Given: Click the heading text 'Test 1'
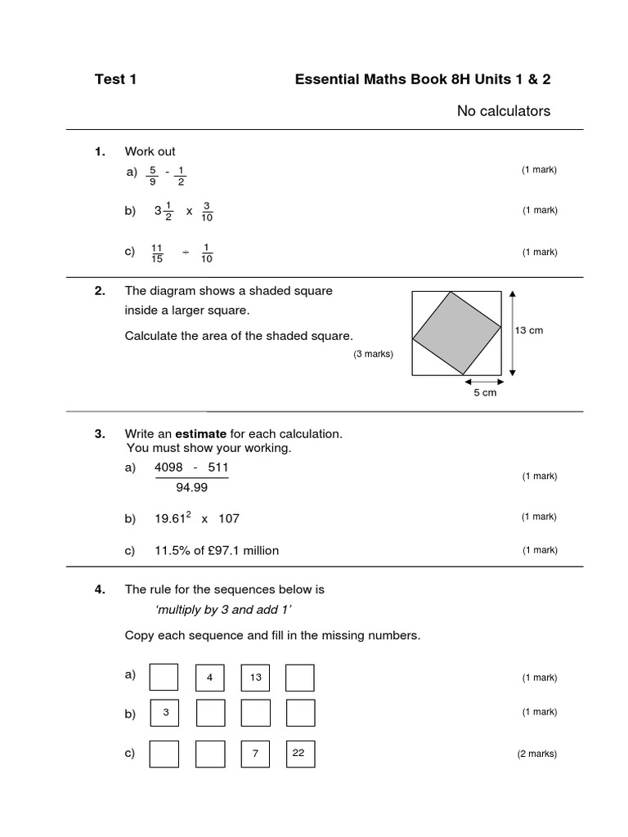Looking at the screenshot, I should tap(115, 79).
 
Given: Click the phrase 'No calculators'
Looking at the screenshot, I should tap(503, 110).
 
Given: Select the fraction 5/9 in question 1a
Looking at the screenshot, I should tap(153, 176).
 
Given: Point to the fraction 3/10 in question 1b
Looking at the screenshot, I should tap(207, 211).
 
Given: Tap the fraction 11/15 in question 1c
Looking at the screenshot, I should tap(158, 253).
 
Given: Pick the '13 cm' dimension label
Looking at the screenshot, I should tap(529, 330).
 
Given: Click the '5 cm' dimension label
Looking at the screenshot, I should tap(484, 392).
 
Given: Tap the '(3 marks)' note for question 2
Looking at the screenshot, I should tap(373, 354).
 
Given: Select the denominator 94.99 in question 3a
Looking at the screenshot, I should tap(191, 488).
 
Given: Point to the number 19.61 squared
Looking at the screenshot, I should tap(173, 518).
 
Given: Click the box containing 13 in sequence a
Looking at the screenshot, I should tap(256, 678).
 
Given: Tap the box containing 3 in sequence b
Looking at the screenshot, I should tap(165, 713).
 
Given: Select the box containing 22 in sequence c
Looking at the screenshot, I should tap(298, 754).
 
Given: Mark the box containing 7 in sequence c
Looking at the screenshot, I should tap(256, 754).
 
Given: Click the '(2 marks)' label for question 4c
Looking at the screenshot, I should tap(536, 754).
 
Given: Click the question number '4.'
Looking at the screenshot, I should tap(101, 589).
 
